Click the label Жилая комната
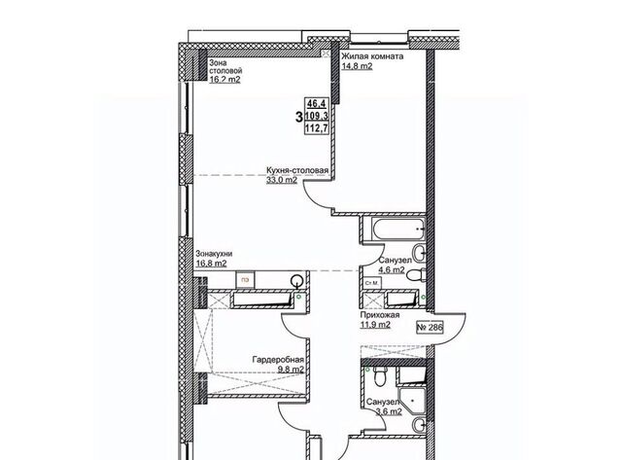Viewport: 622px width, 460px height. click(x=372, y=56)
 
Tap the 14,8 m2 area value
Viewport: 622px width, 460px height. click(x=357, y=66)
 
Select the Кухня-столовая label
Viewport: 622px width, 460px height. click(x=297, y=170)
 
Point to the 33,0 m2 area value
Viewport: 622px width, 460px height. click(x=282, y=180)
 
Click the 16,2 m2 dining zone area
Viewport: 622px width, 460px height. click(x=225, y=80)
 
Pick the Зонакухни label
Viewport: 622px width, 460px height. click(x=214, y=254)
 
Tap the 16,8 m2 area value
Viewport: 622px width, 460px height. click(x=212, y=264)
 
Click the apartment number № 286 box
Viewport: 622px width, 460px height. click(x=430, y=328)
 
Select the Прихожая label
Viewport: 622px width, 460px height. click(x=380, y=315)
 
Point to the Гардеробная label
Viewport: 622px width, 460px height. click(x=279, y=360)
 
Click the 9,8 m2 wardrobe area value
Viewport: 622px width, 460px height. click(x=291, y=370)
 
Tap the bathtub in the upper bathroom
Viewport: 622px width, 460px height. click(x=397, y=229)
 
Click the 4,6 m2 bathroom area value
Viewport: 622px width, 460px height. click(x=392, y=270)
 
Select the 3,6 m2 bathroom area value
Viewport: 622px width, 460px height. click(x=389, y=411)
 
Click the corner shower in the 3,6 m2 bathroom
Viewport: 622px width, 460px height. click(x=412, y=401)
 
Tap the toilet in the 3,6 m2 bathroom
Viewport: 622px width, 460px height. click(x=380, y=375)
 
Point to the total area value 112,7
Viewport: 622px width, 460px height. click(x=317, y=128)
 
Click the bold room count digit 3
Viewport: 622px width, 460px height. click(x=299, y=117)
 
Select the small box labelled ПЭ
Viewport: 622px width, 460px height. click(x=246, y=280)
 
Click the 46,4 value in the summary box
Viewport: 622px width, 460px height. click(x=317, y=104)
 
